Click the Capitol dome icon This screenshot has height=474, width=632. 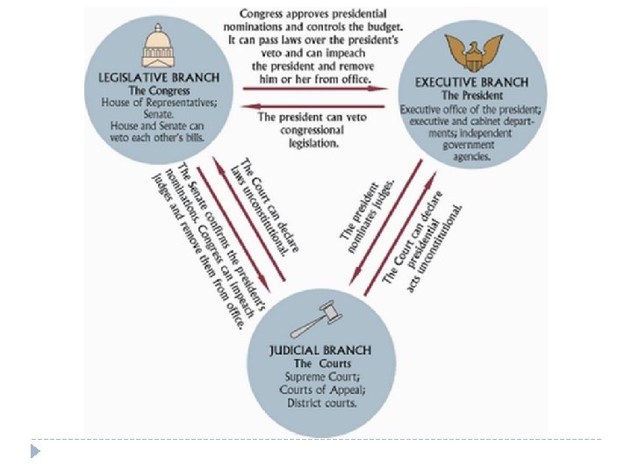(x=159, y=44)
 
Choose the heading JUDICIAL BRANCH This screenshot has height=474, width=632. (x=320, y=350)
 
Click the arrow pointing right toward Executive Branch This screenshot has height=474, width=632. (x=315, y=89)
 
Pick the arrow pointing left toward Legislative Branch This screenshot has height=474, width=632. (x=315, y=106)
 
